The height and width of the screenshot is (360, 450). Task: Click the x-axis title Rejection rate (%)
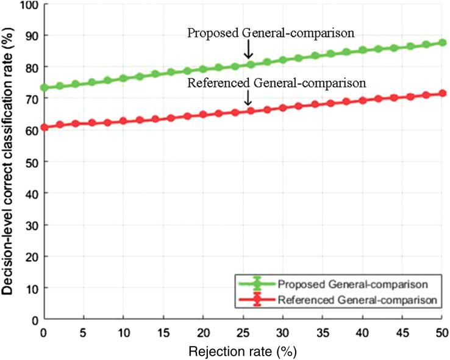pos(243,351)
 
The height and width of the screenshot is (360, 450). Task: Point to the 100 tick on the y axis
pos(27,5)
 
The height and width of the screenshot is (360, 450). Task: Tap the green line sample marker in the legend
pos(255,284)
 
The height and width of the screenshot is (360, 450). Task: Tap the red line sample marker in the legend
pos(255,300)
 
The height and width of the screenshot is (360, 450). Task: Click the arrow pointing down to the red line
pos(248,98)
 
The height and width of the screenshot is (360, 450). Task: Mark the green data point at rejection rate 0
pos(44,87)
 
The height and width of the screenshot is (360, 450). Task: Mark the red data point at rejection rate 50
pos(443,93)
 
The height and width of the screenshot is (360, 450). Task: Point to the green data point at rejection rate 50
pos(443,43)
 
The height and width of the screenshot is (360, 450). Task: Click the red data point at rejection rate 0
pos(44,128)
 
